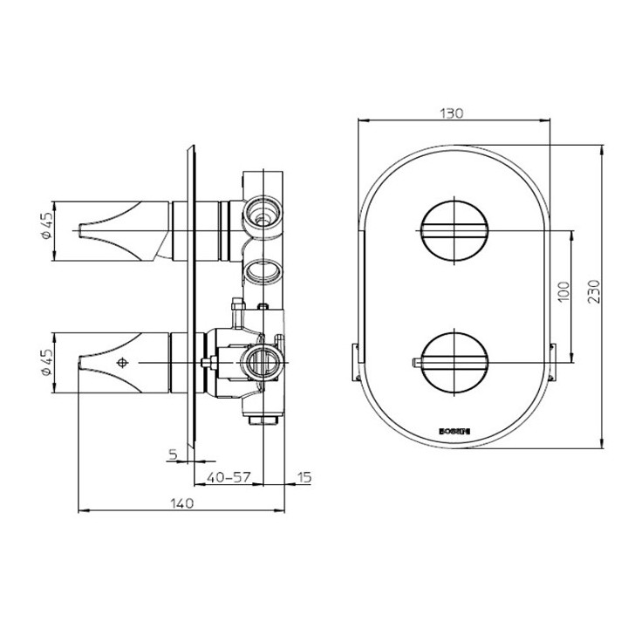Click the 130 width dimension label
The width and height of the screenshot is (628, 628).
[x=451, y=113]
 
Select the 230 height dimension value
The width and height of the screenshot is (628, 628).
[x=592, y=291]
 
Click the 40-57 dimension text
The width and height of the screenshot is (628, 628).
[x=229, y=477]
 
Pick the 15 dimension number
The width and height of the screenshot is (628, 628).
[x=304, y=477]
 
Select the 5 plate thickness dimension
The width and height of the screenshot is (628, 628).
[x=173, y=454]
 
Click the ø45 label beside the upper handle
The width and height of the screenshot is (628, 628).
[x=49, y=229]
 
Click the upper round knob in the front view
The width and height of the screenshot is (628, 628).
[x=452, y=231]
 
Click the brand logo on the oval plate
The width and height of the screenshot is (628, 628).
[x=451, y=429]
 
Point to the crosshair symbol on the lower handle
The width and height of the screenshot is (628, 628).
[x=121, y=363]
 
